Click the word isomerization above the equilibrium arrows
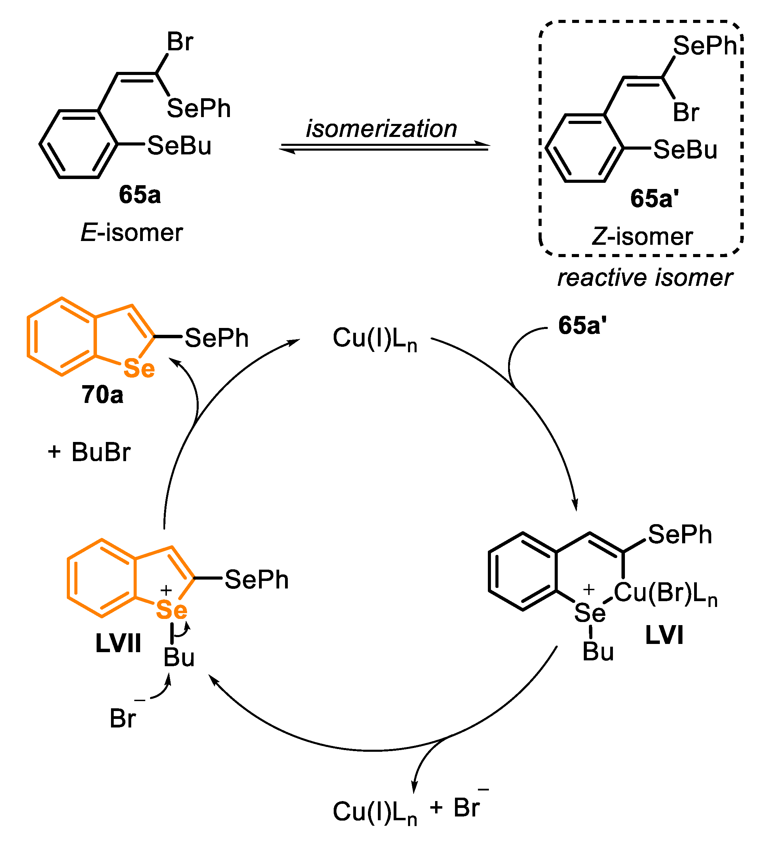tap(381, 128)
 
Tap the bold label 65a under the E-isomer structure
tap(140, 195)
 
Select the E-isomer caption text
tap(132, 232)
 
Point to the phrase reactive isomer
tap(645, 278)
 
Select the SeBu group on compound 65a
tap(179, 146)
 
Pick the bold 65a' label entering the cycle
tap(582, 326)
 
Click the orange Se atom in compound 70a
tap(139, 369)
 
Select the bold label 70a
tap(102, 395)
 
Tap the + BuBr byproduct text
tap(89, 452)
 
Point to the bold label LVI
tap(664, 635)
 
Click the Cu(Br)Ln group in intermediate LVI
tap(665, 594)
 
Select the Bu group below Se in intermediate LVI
tap(598, 652)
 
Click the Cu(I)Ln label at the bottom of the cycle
tap(374, 812)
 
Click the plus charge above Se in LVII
tap(166, 590)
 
